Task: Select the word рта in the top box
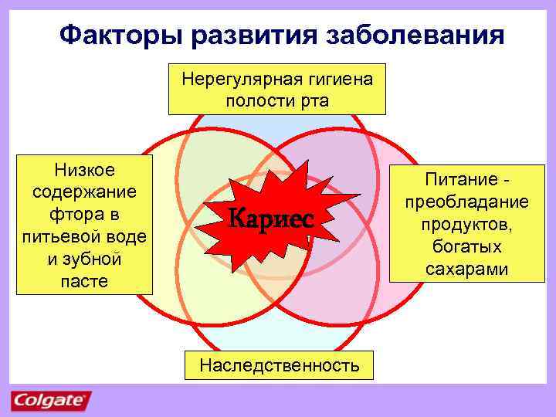[315, 100]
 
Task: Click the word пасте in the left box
[84, 280]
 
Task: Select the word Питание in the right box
[459, 180]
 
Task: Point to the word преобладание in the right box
[466, 202]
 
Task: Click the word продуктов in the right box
[466, 225]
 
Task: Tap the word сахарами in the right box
[466, 269]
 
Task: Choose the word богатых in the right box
[466, 247]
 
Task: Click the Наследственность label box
[279, 365]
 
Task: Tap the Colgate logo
[51, 401]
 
